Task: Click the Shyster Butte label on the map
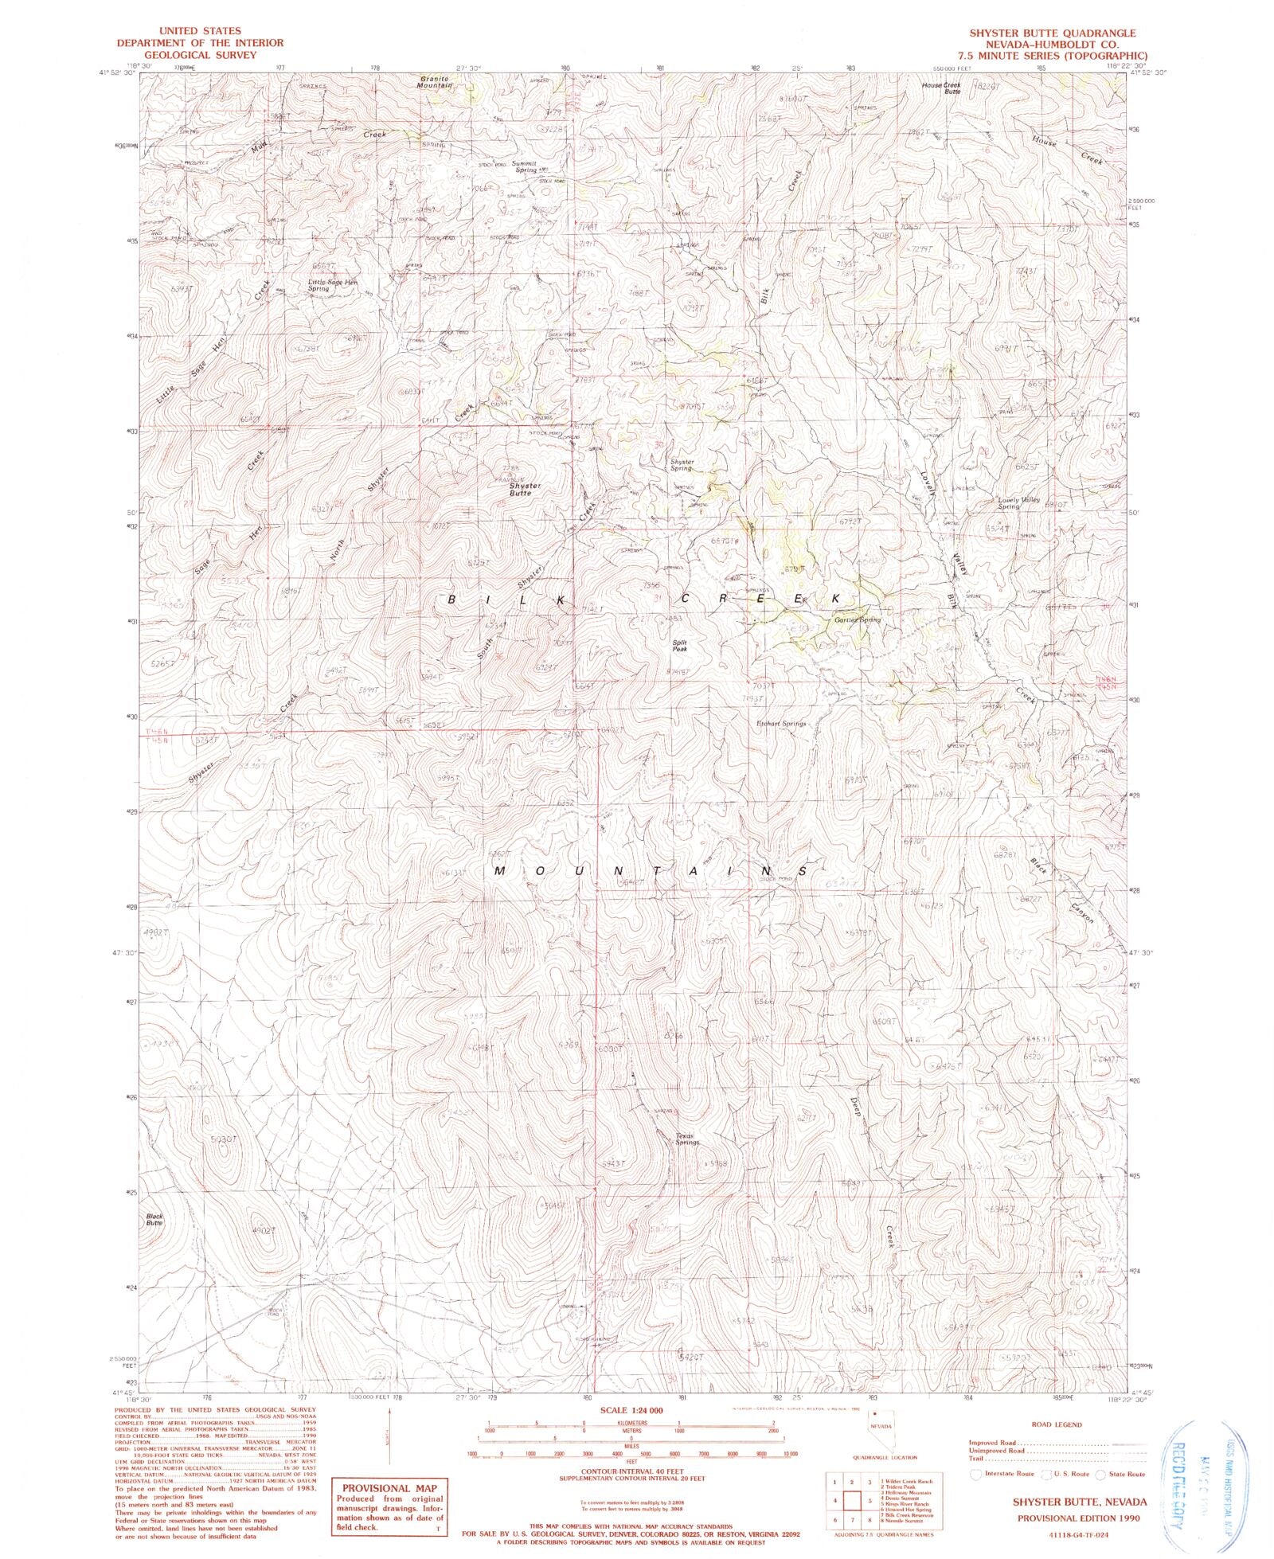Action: pyautogui.click(x=520, y=489)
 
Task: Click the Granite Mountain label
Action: pyautogui.click(x=436, y=81)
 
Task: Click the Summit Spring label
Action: pyautogui.click(x=526, y=166)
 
